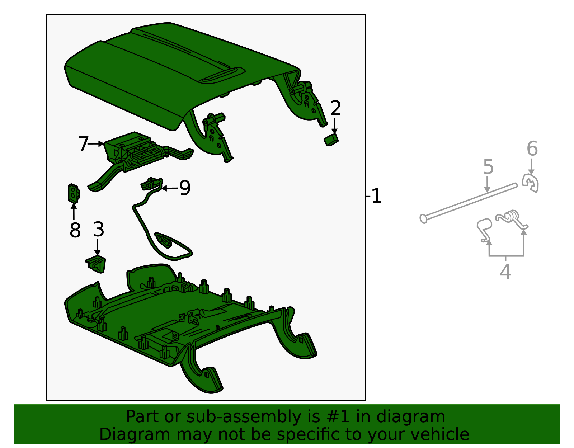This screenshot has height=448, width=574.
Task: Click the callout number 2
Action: pyautogui.click(x=335, y=108)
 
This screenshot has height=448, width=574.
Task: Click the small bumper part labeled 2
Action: pyautogui.click(x=331, y=140)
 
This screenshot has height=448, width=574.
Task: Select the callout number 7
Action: pyautogui.click(x=83, y=144)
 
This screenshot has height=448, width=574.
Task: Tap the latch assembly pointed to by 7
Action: pyautogui.click(x=136, y=151)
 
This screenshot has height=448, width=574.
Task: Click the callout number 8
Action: pyautogui.click(x=75, y=230)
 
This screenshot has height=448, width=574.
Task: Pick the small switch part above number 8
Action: pyautogui.click(x=74, y=193)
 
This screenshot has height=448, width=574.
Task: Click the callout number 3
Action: pyautogui.click(x=99, y=229)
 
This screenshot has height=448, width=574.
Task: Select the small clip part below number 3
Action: pyautogui.click(x=96, y=264)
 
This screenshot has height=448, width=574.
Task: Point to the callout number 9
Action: pyautogui.click(x=185, y=188)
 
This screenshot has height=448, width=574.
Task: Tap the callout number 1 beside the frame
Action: pyautogui.click(x=376, y=197)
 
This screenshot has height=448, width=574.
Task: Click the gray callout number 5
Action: pyautogui.click(x=488, y=167)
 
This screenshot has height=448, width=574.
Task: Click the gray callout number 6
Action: pyautogui.click(x=532, y=148)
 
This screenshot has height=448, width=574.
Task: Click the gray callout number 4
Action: pyautogui.click(x=505, y=272)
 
